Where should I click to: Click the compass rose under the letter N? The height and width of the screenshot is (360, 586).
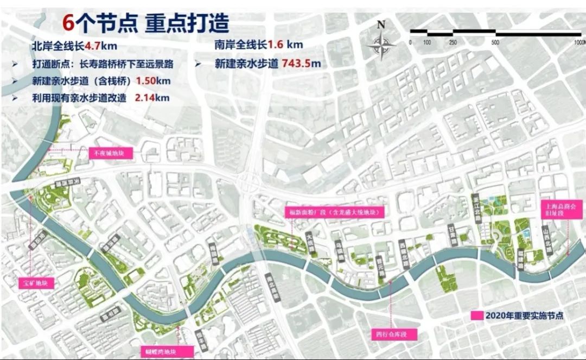coord(381,45)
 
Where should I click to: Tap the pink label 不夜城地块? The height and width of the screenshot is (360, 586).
coord(110,153)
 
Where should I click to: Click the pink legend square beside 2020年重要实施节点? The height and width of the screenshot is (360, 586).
coord(477,315)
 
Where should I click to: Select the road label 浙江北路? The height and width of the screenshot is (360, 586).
coord(477,207)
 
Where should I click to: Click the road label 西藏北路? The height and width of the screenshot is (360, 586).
coord(402,250)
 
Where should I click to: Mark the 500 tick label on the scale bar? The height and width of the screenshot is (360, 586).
coord(495,42)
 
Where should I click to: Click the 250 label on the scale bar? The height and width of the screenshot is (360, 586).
coord(453,42)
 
